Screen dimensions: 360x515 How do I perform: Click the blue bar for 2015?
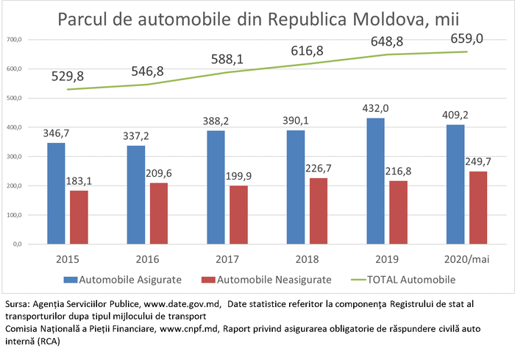coord(57,193)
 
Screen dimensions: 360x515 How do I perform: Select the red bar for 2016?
coord(159,213)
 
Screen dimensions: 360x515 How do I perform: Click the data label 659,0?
coord(467,38)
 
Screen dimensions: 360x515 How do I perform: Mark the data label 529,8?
coord(68,76)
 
